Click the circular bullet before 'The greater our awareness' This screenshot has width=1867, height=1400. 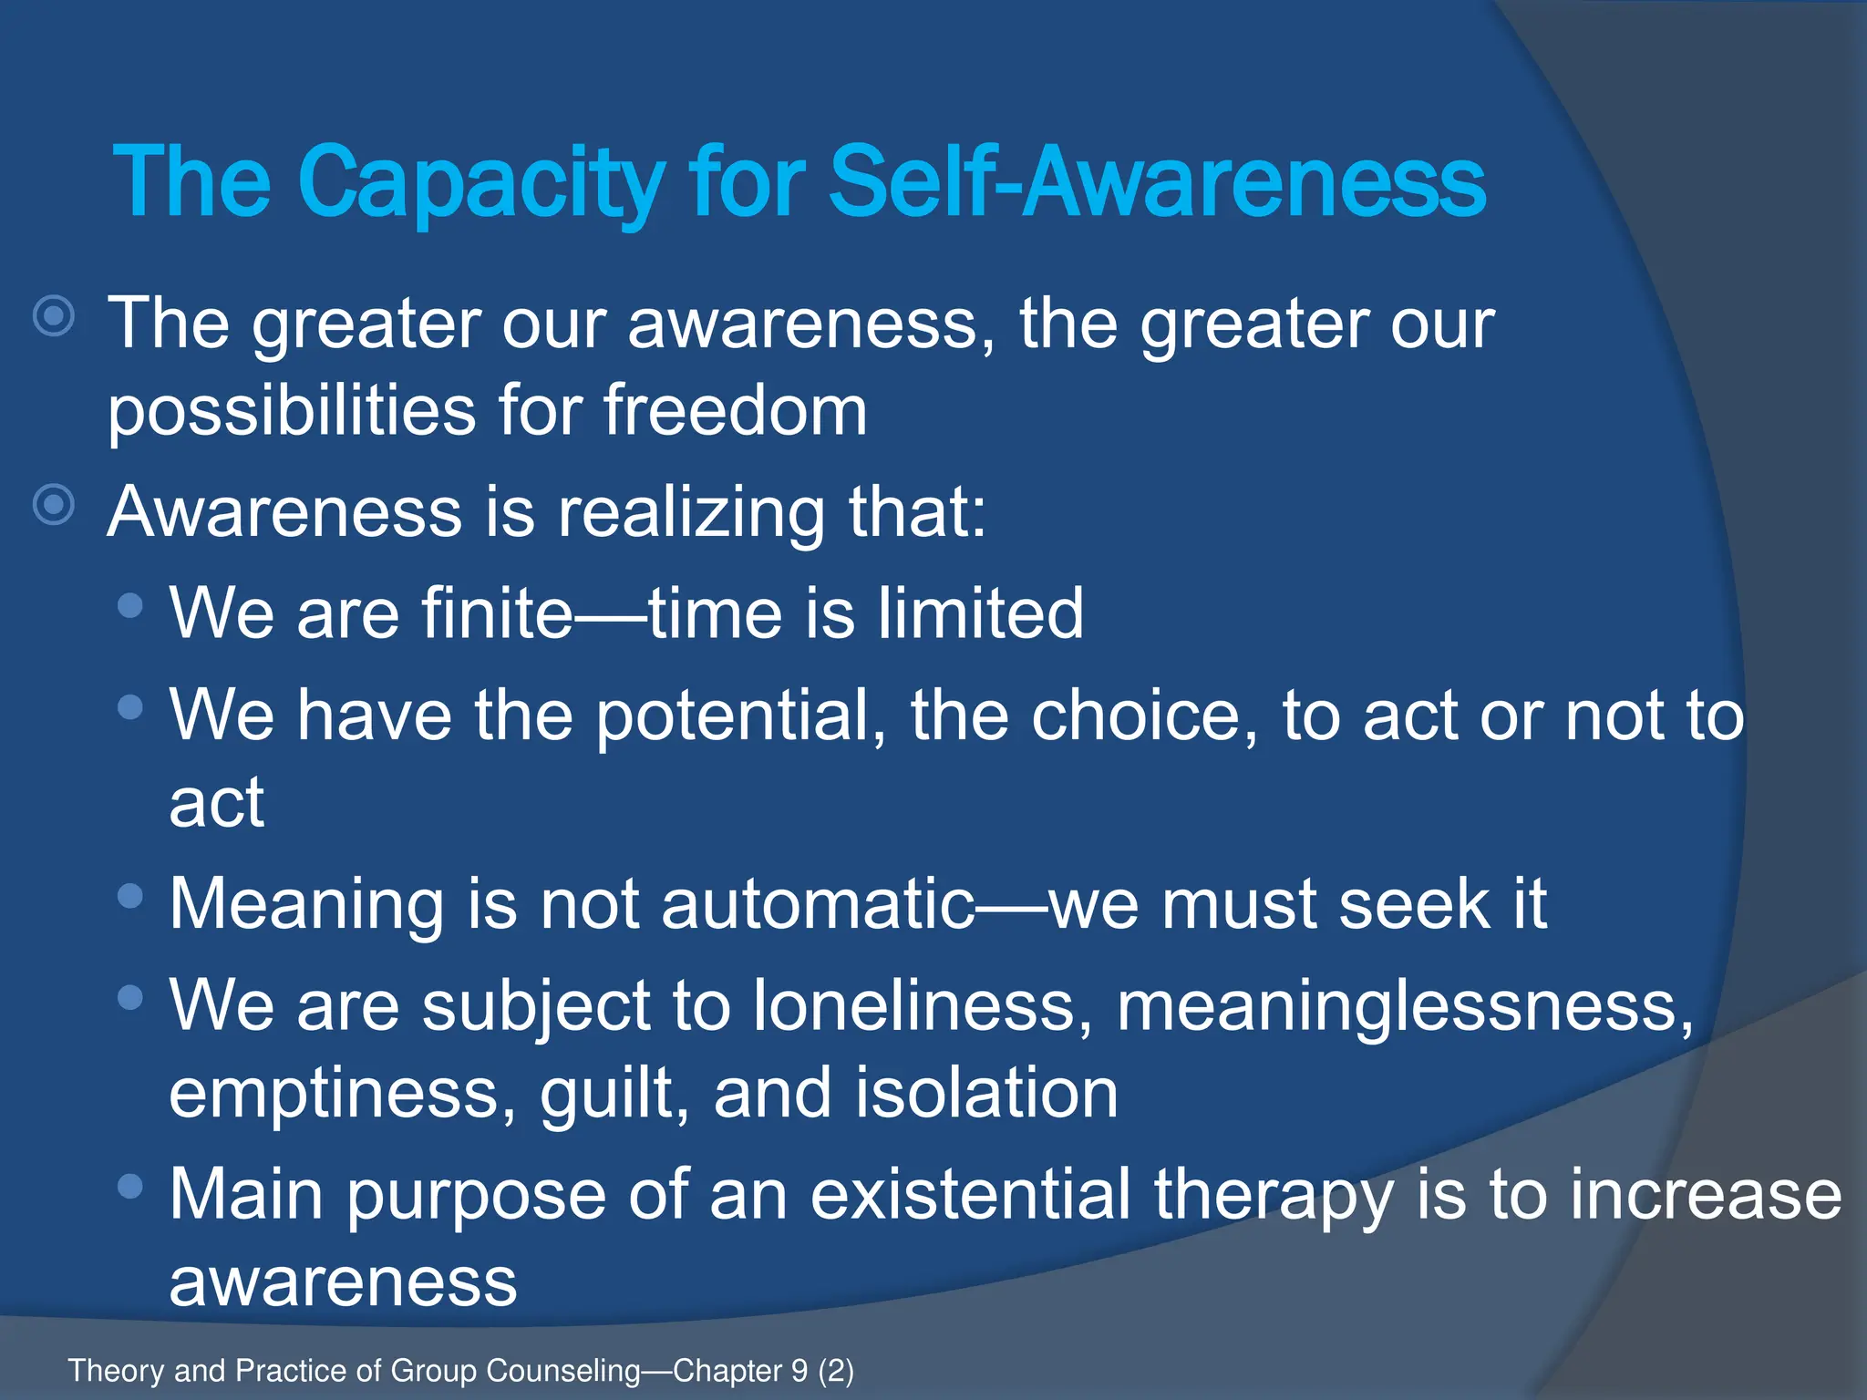click(x=54, y=316)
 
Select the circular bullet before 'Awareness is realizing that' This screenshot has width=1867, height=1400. click(x=54, y=504)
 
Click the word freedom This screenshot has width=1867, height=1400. click(x=735, y=411)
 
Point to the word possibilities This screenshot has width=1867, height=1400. click(x=292, y=411)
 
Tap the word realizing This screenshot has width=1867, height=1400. click(x=690, y=512)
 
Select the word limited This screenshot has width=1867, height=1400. click(x=981, y=613)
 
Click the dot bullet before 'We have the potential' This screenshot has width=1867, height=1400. click(x=131, y=706)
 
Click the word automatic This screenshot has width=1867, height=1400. click(x=818, y=905)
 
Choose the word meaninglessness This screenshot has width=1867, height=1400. click(x=1404, y=1006)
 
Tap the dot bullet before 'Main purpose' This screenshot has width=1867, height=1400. click(x=131, y=1186)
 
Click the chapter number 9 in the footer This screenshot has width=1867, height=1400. click(x=799, y=1371)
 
